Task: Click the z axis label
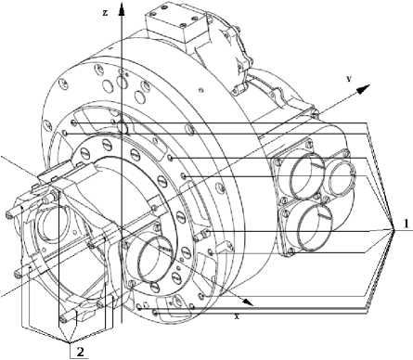(106, 13)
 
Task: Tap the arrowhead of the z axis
(123, 9)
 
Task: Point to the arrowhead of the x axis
(247, 302)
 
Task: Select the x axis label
(237, 316)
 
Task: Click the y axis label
(349, 79)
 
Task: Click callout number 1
(406, 224)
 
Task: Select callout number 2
(80, 352)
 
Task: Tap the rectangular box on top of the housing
(174, 24)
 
